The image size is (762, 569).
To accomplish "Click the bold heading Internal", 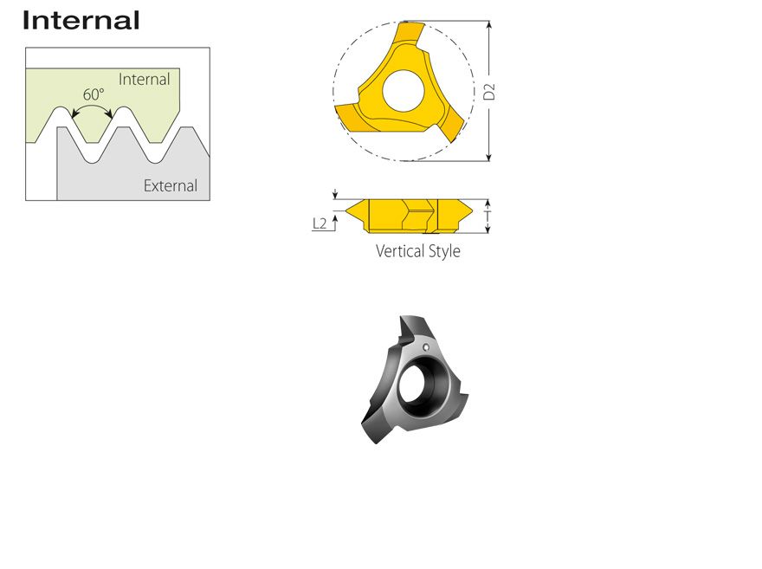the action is pos(81,21).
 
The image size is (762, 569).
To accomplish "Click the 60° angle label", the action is pos(94,94).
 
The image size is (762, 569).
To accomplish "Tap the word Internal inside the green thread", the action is pos(145,79).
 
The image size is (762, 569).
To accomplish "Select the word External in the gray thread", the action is pos(171,185).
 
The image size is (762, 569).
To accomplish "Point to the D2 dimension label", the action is pos(489,92).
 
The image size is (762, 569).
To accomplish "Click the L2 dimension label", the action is pos(320,223).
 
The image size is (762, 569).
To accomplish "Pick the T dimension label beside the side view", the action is pos(488,217).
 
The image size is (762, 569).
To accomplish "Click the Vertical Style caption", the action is pos(418,251).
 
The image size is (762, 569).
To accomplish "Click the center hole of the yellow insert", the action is pos(404,91).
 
